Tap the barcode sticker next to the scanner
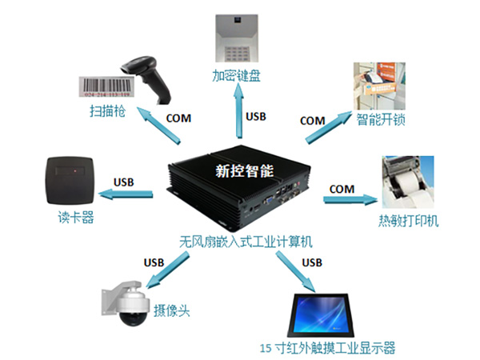(110, 86)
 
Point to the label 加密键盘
(238, 77)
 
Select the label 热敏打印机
(409, 222)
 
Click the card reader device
(70, 181)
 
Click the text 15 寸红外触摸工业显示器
(328, 348)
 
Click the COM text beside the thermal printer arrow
(342, 188)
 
